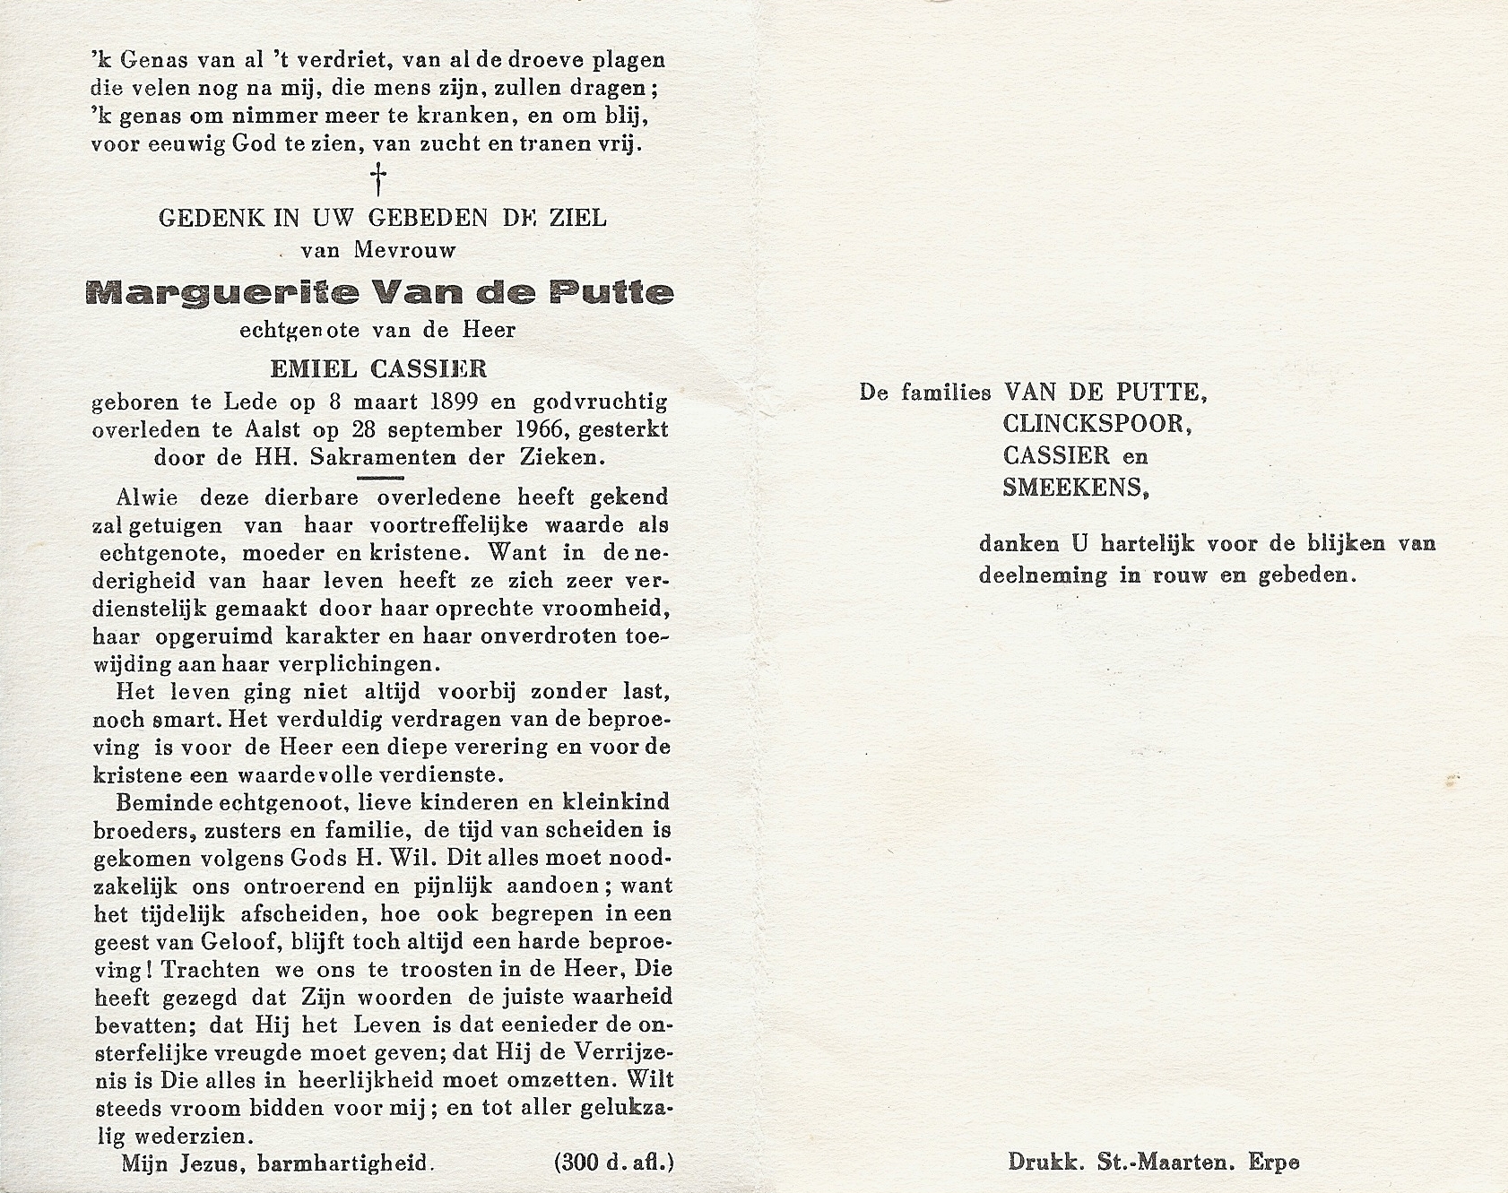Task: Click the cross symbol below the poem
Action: [380, 179]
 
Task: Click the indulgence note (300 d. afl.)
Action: [614, 1163]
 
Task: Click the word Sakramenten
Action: [380, 458]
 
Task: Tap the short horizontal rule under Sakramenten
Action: [380, 478]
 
